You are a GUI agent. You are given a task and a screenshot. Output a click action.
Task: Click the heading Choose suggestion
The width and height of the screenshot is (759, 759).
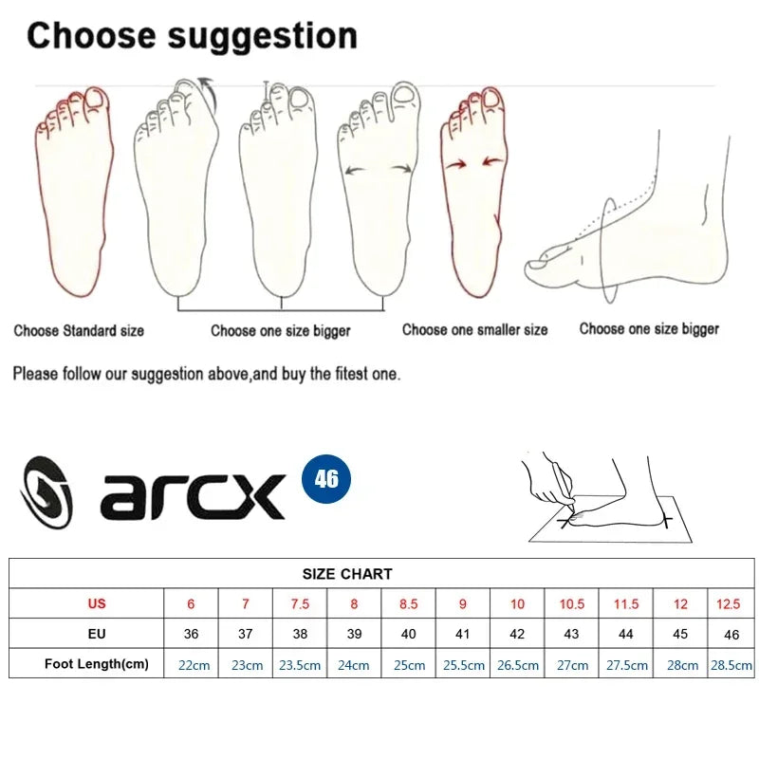point(192,36)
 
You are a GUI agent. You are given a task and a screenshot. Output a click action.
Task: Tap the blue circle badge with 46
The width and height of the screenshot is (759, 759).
point(326,477)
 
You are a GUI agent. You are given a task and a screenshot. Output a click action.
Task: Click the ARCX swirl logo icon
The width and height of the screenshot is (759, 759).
point(46,492)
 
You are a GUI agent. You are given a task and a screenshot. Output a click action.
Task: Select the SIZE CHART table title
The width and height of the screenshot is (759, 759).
point(347,574)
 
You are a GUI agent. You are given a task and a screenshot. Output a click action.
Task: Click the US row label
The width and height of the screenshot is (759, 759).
point(97,603)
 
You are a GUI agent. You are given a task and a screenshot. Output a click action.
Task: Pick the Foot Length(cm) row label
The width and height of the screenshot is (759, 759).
point(97,664)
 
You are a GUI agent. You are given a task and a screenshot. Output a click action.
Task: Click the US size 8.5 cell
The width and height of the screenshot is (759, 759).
point(409,603)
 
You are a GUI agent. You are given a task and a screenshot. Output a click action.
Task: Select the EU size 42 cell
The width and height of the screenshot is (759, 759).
point(517,634)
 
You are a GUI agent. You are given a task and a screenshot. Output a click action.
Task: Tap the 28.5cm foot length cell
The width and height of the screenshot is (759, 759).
point(731,665)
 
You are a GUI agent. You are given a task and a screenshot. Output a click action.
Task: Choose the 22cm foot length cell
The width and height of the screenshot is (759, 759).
point(194,665)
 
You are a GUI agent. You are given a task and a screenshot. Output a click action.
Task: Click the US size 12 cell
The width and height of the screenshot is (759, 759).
point(681,603)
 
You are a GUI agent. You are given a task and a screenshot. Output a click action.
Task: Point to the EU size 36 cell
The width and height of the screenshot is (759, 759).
point(192,634)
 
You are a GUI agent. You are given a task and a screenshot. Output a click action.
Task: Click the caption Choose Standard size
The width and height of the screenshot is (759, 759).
point(79,331)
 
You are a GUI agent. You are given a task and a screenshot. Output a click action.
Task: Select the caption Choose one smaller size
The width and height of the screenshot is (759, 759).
point(474,330)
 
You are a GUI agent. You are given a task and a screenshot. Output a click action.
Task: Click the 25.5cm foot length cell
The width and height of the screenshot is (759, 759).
point(463,665)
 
